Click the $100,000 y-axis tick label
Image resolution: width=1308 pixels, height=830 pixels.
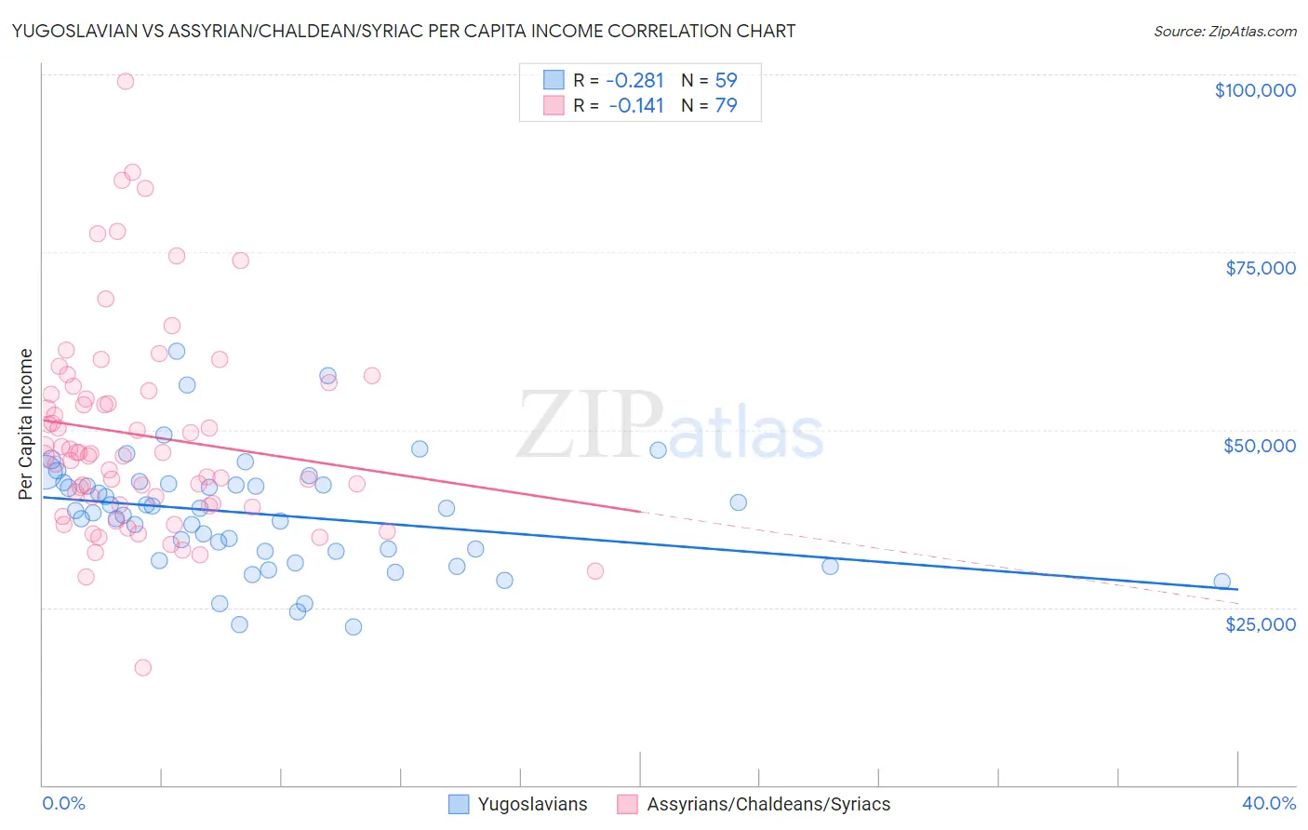[1255, 90]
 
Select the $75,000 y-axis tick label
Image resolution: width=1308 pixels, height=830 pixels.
[1260, 268]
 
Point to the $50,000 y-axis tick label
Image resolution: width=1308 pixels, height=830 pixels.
[1260, 446]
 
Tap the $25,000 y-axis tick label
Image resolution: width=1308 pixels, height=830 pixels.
[1260, 623]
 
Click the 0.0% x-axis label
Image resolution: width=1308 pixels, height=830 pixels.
[63, 803]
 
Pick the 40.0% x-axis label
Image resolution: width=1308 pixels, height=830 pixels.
[1268, 803]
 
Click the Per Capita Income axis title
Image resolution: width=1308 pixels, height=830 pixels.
[26, 423]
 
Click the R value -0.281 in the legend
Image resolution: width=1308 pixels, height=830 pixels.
[634, 80]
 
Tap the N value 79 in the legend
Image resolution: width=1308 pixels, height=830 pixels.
[726, 105]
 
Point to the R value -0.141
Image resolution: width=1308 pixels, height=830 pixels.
[636, 105]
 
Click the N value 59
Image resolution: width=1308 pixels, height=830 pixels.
[726, 80]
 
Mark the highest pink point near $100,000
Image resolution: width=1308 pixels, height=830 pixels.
[126, 81]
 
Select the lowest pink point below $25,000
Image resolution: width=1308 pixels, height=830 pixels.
[142, 667]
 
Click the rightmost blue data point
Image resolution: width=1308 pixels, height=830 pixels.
[1221, 582]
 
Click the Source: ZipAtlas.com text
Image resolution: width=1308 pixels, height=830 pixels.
[1224, 31]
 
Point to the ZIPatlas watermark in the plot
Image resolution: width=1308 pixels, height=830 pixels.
[670, 425]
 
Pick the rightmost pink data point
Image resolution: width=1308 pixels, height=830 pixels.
[595, 571]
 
